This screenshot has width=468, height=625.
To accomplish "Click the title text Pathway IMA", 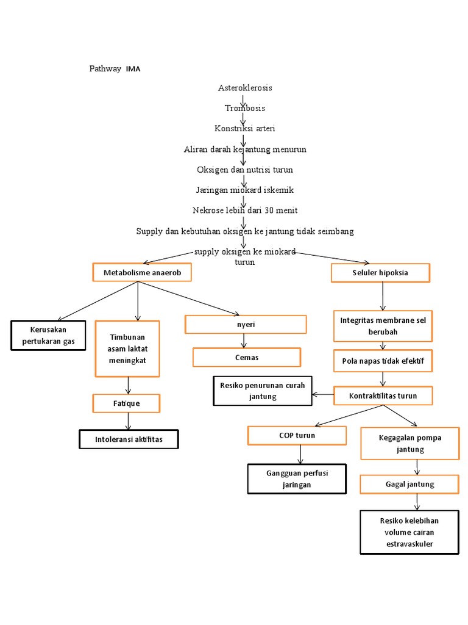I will (x=115, y=69).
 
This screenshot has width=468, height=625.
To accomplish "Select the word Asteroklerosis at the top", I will (x=245, y=88).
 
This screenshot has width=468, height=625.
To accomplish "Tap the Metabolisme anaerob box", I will (x=142, y=273).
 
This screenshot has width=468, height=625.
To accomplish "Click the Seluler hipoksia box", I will (x=380, y=273).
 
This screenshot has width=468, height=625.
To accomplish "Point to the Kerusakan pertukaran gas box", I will (x=49, y=336).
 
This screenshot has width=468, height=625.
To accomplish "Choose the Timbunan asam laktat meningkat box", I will (x=127, y=349).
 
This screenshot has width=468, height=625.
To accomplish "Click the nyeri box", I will (x=246, y=325).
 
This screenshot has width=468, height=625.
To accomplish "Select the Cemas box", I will (x=247, y=357).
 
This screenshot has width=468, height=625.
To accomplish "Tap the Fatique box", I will (x=126, y=403).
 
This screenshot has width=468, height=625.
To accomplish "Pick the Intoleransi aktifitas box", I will (x=129, y=439).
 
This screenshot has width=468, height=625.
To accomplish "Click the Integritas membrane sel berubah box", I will (x=383, y=326).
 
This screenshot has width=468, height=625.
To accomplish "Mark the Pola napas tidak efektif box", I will (x=383, y=361).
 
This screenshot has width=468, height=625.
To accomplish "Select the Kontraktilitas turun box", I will (x=383, y=396).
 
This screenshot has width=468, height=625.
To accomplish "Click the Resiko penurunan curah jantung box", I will (x=262, y=391).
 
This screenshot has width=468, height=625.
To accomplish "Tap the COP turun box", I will (x=297, y=435).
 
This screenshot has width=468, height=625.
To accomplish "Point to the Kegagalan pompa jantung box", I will (x=409, y=443).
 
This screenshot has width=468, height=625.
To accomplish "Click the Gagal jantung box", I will (x=409, y=484).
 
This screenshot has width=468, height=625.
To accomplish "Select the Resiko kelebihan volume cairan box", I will (x=409, y=532).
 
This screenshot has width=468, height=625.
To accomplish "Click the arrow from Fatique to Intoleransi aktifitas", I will (x=128, y=421).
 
